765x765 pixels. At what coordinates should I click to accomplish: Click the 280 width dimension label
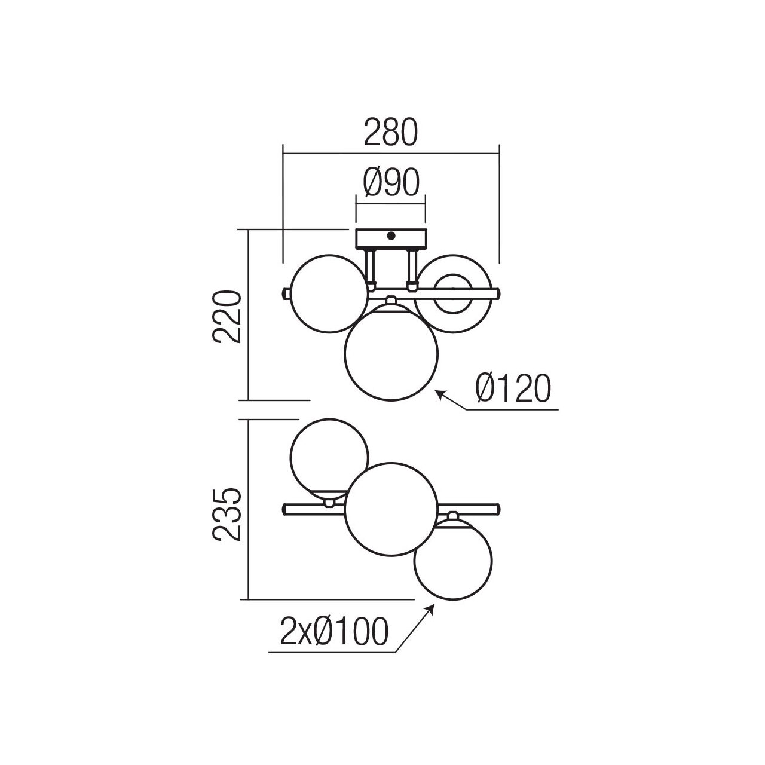(x=391, y=131)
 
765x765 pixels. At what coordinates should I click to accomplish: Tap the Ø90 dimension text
(x=391, y=182)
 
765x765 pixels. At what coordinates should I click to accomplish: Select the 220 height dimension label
(x=227, y=317)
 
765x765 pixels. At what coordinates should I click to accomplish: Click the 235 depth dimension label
(x=227, y=515)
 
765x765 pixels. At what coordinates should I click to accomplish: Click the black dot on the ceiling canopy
(x=391, y=236)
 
